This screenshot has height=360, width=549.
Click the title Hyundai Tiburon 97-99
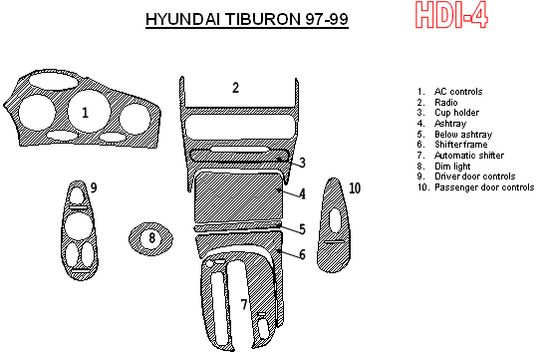[x=247, y=19]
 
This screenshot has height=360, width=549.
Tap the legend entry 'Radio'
[x=446, y=103]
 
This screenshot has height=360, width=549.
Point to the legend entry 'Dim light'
[x=451, y=166]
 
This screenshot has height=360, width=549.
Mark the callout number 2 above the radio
[x=236, y=89]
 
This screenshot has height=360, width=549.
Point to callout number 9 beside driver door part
[x=94, y=188]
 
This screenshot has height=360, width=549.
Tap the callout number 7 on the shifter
[x=244, y=304]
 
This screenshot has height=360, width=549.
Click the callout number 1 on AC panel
[x=86, y=113]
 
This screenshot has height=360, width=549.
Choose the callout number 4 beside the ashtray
[x=302, y=193]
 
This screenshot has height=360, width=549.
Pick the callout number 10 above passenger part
[x=355, y=187]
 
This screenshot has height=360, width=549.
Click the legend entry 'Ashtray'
[x=448, y=124]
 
